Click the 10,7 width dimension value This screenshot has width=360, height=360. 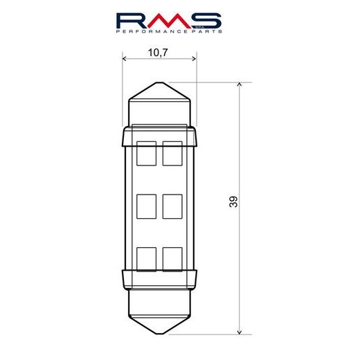click(159, 51)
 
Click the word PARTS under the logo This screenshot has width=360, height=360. click(206, 32)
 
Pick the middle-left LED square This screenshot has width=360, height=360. click(147, 206)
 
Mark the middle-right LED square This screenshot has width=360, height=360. click(172, 206)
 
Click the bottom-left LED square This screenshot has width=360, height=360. click(147, 258)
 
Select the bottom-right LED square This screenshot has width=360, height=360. click(172, 258)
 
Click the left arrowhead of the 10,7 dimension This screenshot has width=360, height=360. click(125, 60)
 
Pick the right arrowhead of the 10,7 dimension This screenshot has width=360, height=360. click(195, 60)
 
